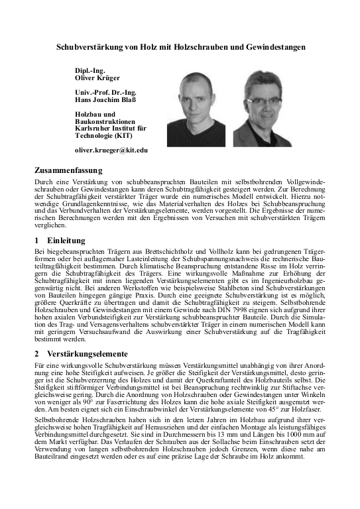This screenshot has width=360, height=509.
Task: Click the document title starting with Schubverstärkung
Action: pyautogui.click(x=180, y=48)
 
